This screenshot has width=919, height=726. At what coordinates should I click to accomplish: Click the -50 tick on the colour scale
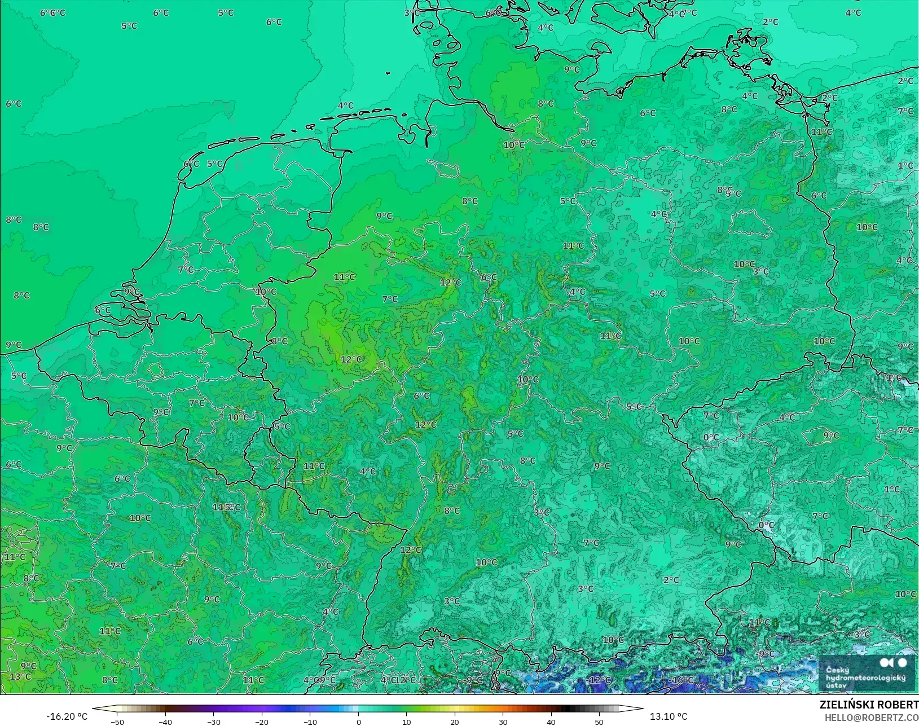(117, 721)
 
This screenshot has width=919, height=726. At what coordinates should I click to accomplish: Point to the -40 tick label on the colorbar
(165, 721)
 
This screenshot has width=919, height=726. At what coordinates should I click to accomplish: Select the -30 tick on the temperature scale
(213, 721)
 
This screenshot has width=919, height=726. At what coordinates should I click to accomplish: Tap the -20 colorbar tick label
(262, 721)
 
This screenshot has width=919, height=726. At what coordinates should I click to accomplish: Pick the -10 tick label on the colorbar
(310, 721)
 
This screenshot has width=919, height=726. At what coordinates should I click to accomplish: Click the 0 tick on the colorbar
(359, 721)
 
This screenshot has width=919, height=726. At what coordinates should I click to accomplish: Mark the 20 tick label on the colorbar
(455, 721)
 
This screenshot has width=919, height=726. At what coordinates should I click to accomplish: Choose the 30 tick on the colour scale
(503, 721)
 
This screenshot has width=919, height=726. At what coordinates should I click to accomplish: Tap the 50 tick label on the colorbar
(599, 721)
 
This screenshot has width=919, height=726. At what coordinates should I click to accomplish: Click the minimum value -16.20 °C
(67, 716)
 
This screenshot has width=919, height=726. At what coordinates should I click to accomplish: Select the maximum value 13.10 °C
(669, 716)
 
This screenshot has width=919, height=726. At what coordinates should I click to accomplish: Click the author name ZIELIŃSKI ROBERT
(869, 705)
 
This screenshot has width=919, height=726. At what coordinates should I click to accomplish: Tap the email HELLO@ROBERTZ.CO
(872, 718)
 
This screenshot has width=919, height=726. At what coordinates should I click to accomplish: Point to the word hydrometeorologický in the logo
(865, 677)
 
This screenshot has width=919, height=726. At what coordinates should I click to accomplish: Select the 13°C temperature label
(20, 676)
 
